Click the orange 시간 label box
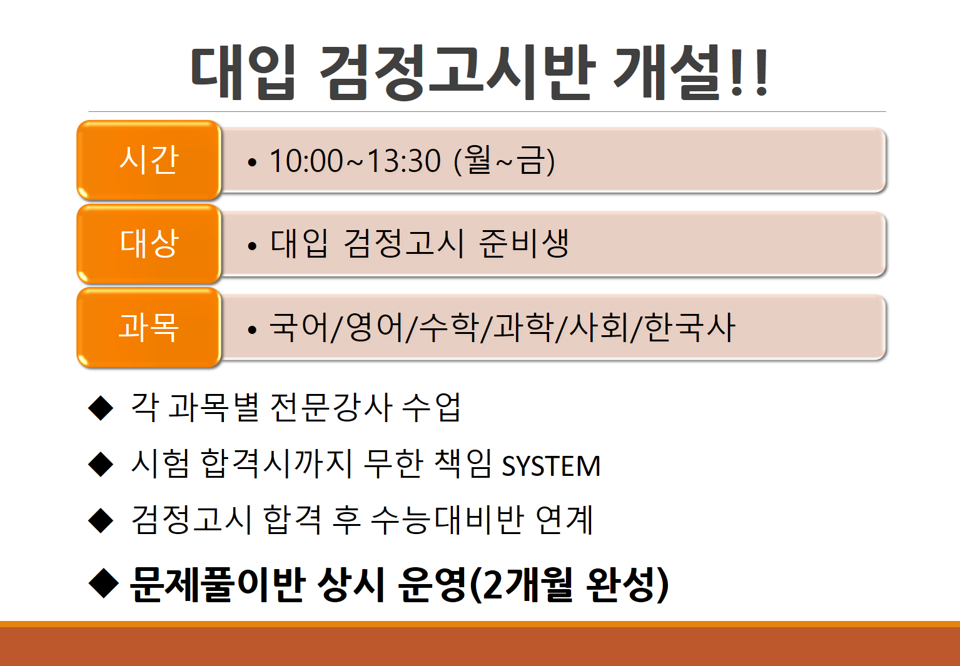pos(149,160)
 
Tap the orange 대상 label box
pos(149,243)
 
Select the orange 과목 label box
pos(149,327)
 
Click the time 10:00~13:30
pos(355,161)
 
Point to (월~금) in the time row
pos(504,161)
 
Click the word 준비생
pos(524,243)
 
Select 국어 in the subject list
pos(298,327)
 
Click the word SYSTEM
pos(551,467)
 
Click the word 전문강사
pos(331,408)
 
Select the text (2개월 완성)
pos(568,585)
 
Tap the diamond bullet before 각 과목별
pos(101,408)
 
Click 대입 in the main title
pos(243,73)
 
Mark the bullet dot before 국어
pos(252,330)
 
